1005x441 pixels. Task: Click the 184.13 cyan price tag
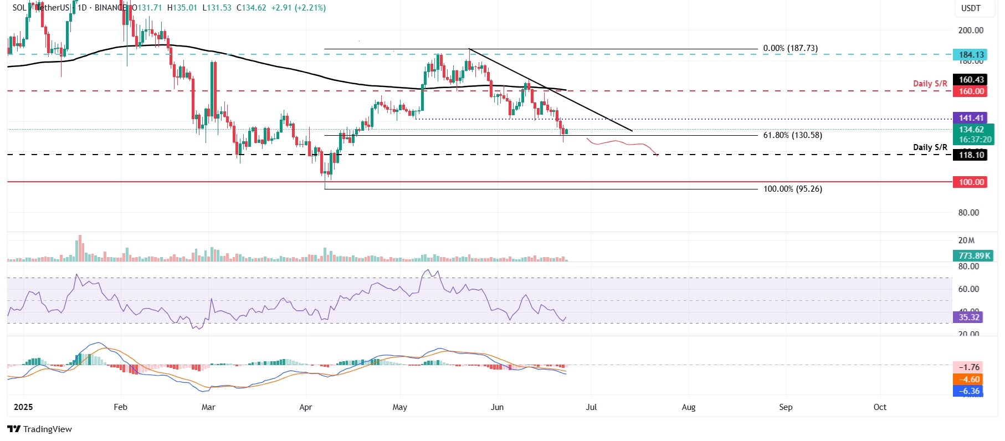pyautogui.click(x=971, y=54)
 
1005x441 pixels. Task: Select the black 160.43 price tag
pyautogui.click(x=971, y=80)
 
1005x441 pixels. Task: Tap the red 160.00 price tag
pyautogui.click(x=971, y=91)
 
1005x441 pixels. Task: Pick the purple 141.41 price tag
pyautogui.click(x=971, y=118)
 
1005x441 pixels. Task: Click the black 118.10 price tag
pyautogui.click(x=971, y=155)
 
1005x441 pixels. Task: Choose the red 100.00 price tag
pyautogui.click(x=971, y=182)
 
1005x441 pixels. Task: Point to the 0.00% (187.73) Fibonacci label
pyautogui.click(x=790, y=49)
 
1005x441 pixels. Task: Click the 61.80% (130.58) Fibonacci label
pyautogui.click(x=792, y=135)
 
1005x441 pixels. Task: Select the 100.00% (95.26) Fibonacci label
pyautogui.click(x=792, y=189)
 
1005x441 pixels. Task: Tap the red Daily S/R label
pyautogui.click(x=930, y=84)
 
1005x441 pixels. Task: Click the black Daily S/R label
pyautogui.click(x=930, y=147)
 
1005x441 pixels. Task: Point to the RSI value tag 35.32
pyautogui.click(x=969, y=317)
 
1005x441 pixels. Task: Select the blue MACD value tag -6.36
pyautogui.click(x=969, y=391)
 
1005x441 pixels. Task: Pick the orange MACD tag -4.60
pyautogui.click(x=969, y=380)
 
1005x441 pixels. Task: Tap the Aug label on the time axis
pyautogui.click(x=688, y=407)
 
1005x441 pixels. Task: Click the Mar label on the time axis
pyautogui.click(x=208, y=407)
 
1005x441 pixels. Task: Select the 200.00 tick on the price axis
pyautogui.click(x=971, y=30)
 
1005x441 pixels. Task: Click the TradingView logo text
pyautogui.click(x=47, y=429)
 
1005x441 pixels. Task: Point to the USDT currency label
pyautogui.click(x=971, y=8)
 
